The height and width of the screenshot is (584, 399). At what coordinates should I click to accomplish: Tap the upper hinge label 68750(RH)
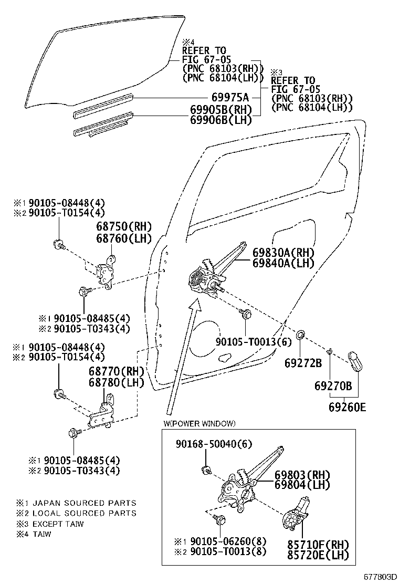pyautogui.click(x=123, y=227)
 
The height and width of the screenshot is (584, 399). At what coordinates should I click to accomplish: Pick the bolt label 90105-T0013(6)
pyautogui.click(x=253, y=341)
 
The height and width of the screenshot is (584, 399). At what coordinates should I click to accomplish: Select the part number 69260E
pyautogui.click(x=348, y=406)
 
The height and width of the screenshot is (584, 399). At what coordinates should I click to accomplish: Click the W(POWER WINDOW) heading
pyautogui.click(x=199, y=423)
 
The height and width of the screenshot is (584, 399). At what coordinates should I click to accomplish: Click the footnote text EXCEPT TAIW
pyautogui.click(x=58, y=524)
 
